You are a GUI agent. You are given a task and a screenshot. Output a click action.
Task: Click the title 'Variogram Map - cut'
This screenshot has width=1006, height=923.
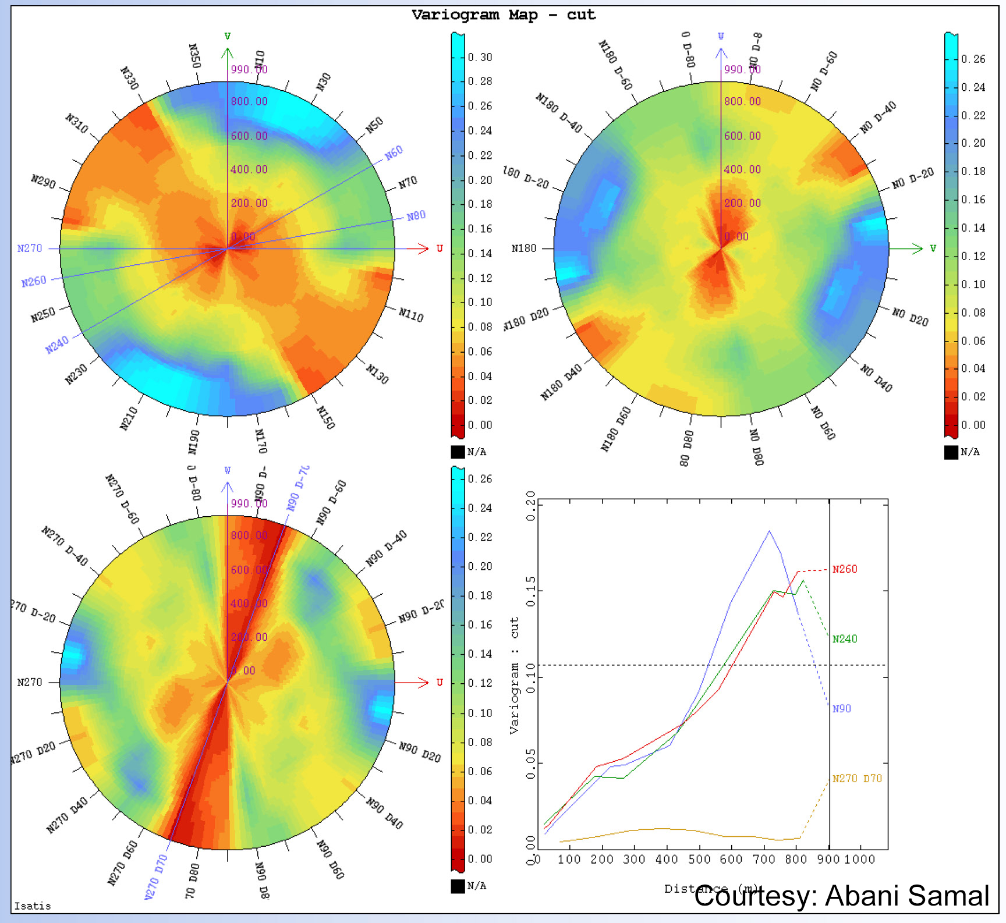(x=503, y=15)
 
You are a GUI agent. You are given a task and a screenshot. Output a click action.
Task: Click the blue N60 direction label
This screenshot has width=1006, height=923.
(x=394, y=152)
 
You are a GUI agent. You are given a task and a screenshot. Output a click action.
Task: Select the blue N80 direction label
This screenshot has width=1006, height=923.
(x=416, y=216)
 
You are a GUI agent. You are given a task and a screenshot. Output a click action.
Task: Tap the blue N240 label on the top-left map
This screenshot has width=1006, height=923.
(x=57, y=345)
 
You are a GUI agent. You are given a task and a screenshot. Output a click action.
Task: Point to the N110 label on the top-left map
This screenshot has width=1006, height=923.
(x=411, y=315)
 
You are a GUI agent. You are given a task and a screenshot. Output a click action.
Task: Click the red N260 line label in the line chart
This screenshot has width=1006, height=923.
(x=844, y=569)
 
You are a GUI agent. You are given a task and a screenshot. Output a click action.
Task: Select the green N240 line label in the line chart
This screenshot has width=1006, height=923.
(x=844, y=639)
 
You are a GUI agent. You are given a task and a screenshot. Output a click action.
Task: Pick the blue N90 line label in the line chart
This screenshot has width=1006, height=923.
(x=841, y=709)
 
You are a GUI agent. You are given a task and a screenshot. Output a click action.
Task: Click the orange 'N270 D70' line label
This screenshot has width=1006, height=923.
(x=856, y=779)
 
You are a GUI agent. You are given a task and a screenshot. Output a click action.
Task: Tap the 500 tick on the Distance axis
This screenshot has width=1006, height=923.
(x=699, y=860)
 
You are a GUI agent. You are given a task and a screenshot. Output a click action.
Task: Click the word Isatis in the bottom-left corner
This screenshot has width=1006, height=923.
(x=33, y=906)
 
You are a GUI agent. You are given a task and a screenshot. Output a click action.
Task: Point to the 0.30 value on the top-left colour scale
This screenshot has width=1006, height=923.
(x=480, y=57)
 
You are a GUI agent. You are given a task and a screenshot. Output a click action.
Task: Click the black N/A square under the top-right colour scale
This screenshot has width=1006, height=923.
(x=951, y=452)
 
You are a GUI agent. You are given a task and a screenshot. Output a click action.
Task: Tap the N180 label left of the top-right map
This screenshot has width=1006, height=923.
(x=523, y=248)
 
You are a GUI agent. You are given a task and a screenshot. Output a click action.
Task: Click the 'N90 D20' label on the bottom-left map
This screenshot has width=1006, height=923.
(x=420, y=752)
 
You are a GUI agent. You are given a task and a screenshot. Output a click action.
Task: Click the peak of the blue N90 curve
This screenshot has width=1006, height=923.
(x=769, y=531)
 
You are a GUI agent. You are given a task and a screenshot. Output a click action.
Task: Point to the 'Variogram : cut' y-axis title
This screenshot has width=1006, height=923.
(x=514, y=675)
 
